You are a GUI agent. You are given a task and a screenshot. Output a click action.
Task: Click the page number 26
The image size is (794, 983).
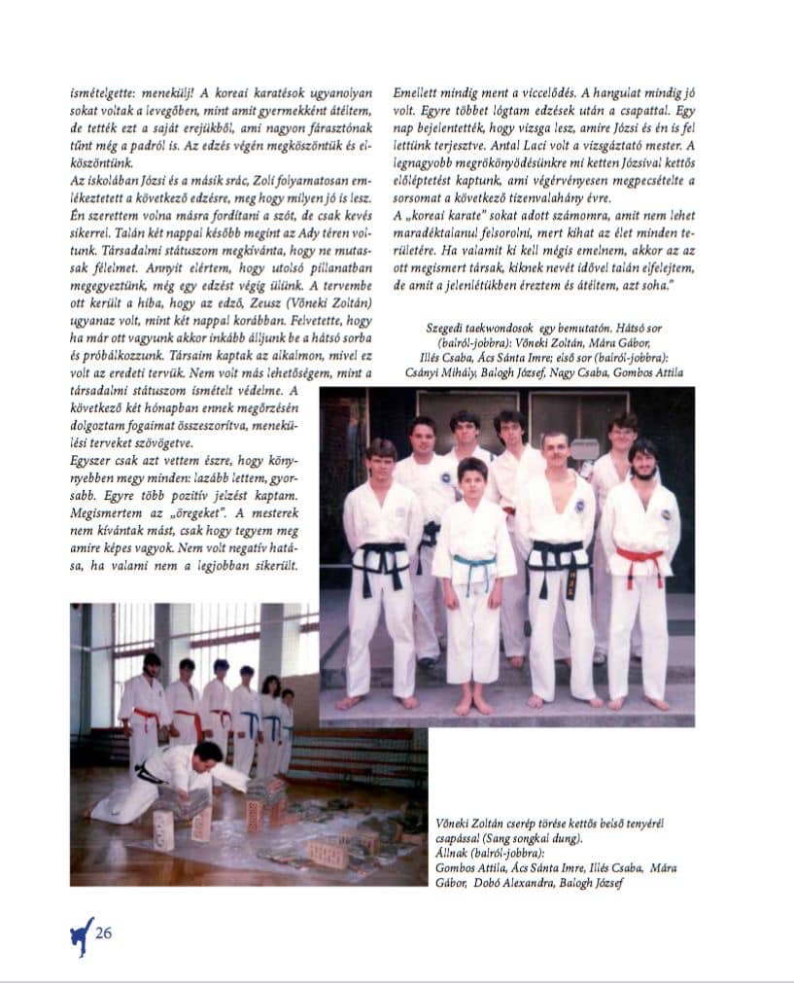(104, 934)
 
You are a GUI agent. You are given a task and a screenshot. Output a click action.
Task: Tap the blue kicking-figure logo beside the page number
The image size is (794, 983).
(82, 935)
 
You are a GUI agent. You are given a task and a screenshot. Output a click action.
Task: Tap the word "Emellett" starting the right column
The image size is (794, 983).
(416, 93)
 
